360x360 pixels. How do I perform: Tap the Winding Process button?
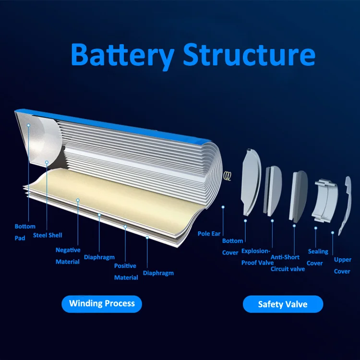(102, 303)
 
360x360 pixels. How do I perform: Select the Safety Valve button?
(283, 304)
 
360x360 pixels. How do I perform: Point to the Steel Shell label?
(48, 235)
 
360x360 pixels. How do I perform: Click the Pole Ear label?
(209, 234)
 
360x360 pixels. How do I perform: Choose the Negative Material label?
(68, 256)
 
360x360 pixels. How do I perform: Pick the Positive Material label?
(126, 272)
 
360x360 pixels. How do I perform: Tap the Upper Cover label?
(342, 265)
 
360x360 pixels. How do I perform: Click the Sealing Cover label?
(318, 257)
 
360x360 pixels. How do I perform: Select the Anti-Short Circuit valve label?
(288, 263)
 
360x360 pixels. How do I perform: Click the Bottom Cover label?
(232, 246)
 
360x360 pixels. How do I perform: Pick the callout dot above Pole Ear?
(223, 207)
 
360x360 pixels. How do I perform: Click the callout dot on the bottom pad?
(29, 125)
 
